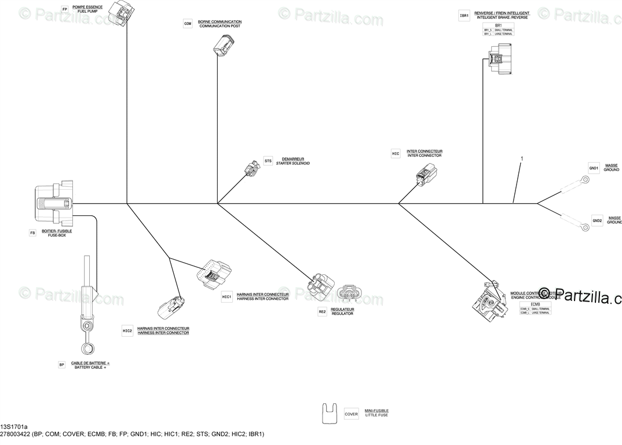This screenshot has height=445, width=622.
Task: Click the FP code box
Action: [x=64, y=10]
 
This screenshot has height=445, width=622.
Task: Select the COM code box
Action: [x=188, y=24]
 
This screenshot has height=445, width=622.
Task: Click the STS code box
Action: [x=268, y=160]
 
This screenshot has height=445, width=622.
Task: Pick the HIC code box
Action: [x=396, y=153]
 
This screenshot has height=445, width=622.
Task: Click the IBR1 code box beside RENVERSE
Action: [x=463, y=16]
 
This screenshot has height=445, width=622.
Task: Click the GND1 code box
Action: [x=594, y=168]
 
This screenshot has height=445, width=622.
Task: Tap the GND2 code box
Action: [x=597, y=220]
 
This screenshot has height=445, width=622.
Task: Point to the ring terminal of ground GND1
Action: [x=586, y=179]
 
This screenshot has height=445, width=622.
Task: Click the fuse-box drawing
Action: [x=55, y=205]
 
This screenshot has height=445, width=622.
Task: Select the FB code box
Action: [x=32, y=233]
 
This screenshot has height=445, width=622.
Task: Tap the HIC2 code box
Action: [x=127, y=331]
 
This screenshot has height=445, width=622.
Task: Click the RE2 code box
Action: [x=322, y=311]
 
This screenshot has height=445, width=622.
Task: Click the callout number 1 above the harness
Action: [x=522, y=158]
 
